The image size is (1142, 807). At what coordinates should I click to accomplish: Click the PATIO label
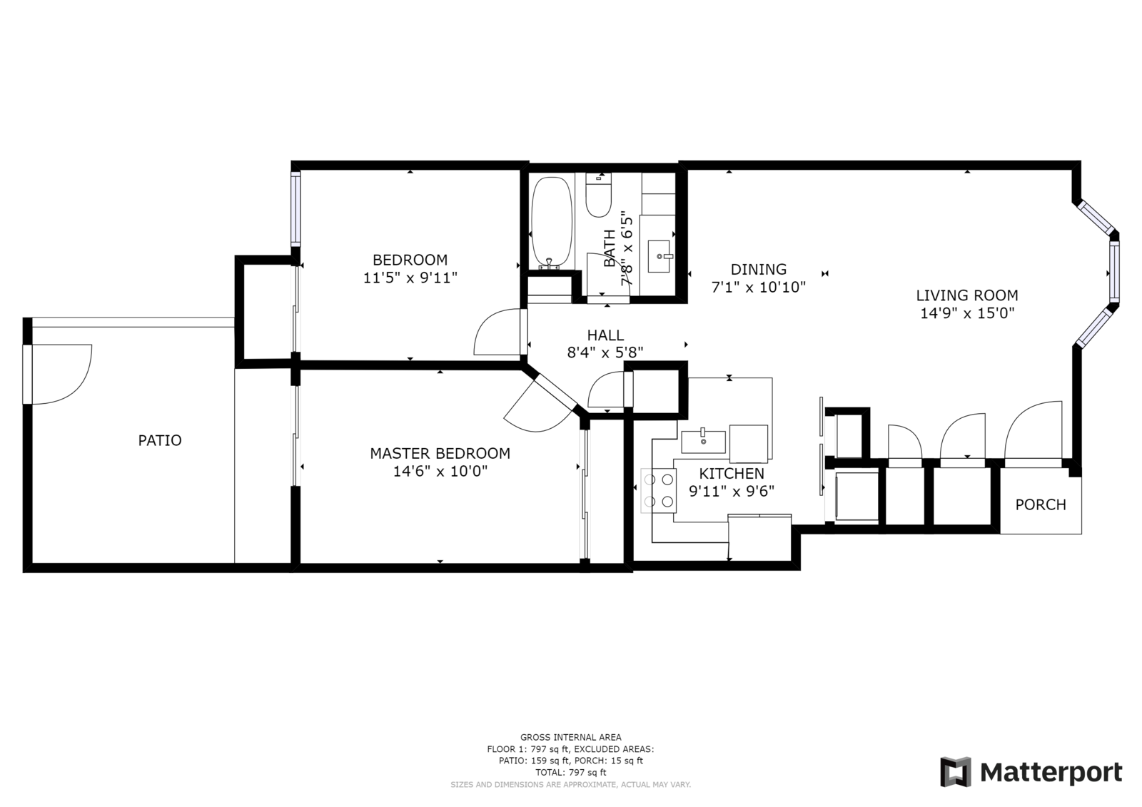coord(160,440)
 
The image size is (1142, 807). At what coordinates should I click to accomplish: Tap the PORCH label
coord(1041,504)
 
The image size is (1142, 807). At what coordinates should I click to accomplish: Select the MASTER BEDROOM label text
coord(440,453)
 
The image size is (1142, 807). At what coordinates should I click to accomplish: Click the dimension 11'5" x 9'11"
coord(410,278)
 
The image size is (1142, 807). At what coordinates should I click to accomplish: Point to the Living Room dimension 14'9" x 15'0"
coord(967,313)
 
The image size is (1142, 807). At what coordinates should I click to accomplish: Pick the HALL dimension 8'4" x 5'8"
coord(605,352)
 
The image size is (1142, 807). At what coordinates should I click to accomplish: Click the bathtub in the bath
coord(552,223)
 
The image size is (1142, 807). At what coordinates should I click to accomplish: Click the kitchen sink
coord(704,442)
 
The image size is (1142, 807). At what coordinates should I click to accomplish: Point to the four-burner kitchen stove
coord(659,490)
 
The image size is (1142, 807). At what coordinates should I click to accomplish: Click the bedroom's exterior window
coord(295,208)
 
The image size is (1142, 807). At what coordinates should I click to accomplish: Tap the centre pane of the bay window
coord(1114,270)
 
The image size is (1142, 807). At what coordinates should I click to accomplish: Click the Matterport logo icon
coord(956,772)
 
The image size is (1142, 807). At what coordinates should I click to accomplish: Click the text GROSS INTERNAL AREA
coord(570,737)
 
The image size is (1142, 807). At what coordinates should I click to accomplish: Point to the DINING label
coord(758,269)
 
